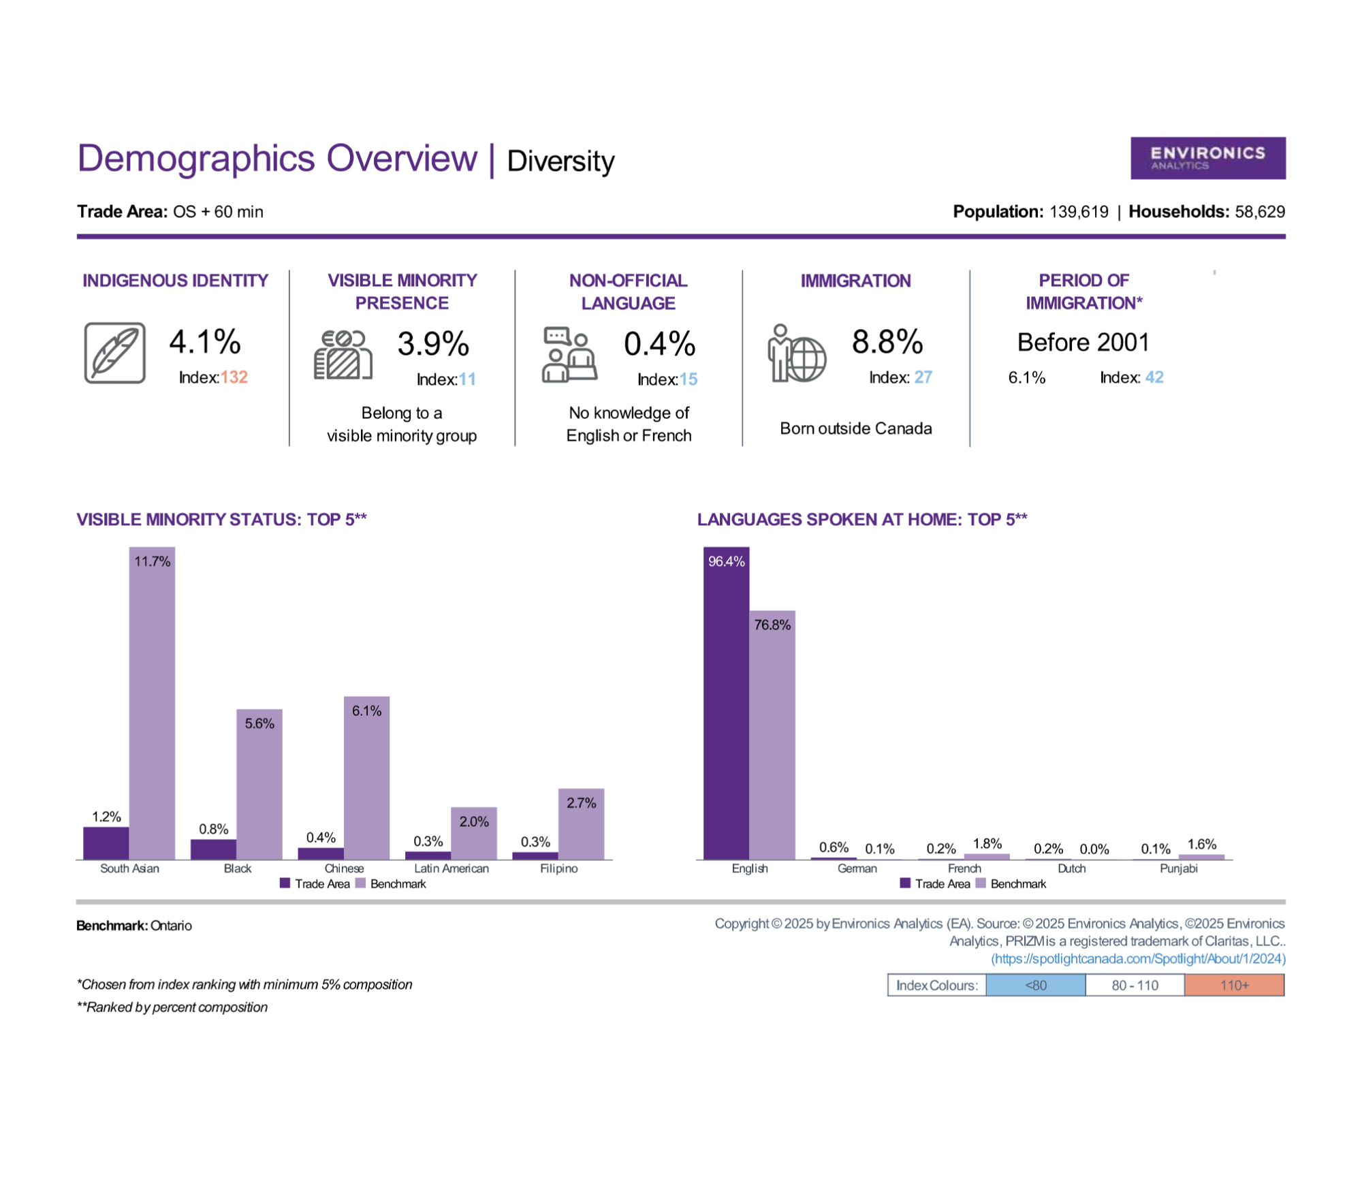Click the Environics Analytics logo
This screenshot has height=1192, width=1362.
pyautogui.click(x=1207, y=158)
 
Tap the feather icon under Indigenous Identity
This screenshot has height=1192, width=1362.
pyautogui.click(x=115, y=353)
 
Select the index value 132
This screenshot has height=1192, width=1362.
pyautogui.click(x=234, y=377)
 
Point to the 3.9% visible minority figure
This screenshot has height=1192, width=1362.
pyautogui.click(x=433, y=343)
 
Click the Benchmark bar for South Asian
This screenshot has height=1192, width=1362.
pyautogui.click(x=152, y=703)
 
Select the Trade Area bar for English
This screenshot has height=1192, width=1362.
pyautogui.click(x=726, y=703)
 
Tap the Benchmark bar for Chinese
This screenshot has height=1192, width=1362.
pyautogui.click(x=366, y=778)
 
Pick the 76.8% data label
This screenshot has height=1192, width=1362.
pyautogui.click(x=772, y=625)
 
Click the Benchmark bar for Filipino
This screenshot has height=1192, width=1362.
pyautogui.click(x=581, y=824)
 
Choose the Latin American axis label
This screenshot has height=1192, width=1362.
pyautogui.click(x=452, y=868)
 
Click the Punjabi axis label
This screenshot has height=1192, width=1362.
pyautogui.click(x=1179, y=868)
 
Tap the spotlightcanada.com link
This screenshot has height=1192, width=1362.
pyautogui.click(x=1139, y=959)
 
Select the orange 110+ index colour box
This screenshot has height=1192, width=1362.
pyautogui.click(x=1234, y=985)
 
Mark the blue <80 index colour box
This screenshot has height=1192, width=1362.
pyautogui.click(x=1036, y=985)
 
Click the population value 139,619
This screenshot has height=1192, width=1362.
pyautogui.click(x=1079, y=212)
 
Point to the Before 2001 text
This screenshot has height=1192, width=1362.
pyautogui.click(x=1083, y=342)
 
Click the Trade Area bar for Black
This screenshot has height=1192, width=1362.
pyautogui.click(x=213, y=849)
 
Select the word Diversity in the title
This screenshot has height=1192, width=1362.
pyautogui.click(x=560, y=161)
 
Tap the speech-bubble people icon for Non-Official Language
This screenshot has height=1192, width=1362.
pyautogui.click(x=569, y=354)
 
